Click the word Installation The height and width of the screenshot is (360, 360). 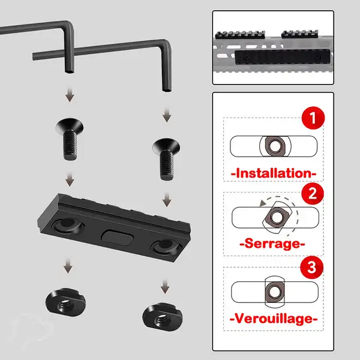point(273,173)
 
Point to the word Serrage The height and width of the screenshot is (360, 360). point(273,245)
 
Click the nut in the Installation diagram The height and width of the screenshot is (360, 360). point(275,146)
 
